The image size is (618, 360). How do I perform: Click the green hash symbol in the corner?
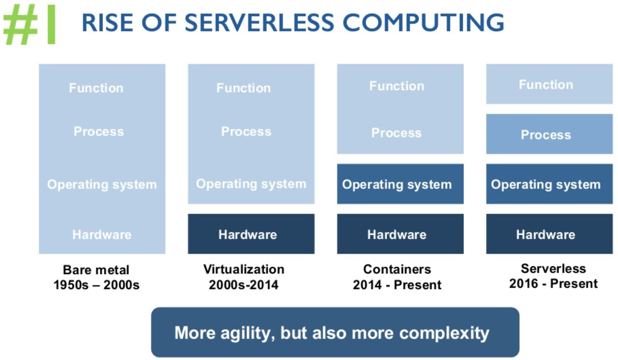[20, 24]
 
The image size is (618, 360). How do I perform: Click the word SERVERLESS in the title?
[259, 22]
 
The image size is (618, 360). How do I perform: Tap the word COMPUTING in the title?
[423, 22]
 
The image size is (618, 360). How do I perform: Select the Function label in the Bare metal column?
[96, 88]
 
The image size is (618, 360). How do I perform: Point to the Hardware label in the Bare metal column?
[102, 235]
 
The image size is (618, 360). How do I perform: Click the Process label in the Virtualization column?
[246, 131]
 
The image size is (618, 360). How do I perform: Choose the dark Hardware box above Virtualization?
[251, 234]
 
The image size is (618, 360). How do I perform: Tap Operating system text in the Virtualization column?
[251, 184]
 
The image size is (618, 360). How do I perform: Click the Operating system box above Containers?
[400, 184]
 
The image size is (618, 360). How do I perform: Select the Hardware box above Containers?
[400, 234]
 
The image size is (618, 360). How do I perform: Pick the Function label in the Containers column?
[397, 86]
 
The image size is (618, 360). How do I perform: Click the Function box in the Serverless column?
[549, 84]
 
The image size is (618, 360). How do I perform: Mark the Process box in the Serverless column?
[549, 134]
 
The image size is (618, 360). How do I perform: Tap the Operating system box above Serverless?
[549, 184]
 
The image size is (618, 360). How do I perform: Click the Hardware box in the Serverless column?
[549, 234]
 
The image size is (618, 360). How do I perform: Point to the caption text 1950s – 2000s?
[96, 285]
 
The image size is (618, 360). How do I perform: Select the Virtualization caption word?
[244, 269]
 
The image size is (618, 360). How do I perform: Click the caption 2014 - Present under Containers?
[397, 285]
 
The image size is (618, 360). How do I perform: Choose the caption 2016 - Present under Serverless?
[553, 284]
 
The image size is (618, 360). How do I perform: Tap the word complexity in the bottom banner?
[444, 334]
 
